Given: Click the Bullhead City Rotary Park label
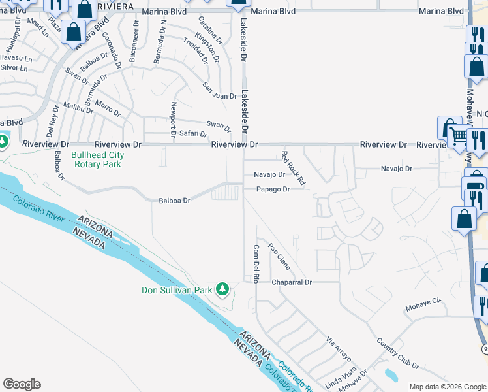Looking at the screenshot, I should [97, 160].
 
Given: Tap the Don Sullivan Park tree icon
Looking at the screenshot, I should [222, 288].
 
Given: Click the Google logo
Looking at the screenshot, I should [22, 384].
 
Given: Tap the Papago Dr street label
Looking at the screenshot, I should [272, 189].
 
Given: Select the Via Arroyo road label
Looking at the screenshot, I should [339, 350].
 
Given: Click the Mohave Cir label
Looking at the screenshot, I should [423, 304].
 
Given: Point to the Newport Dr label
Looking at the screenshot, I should [174, 119].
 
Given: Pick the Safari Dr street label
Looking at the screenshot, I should [193, 134].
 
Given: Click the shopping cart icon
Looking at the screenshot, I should [459, 136].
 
